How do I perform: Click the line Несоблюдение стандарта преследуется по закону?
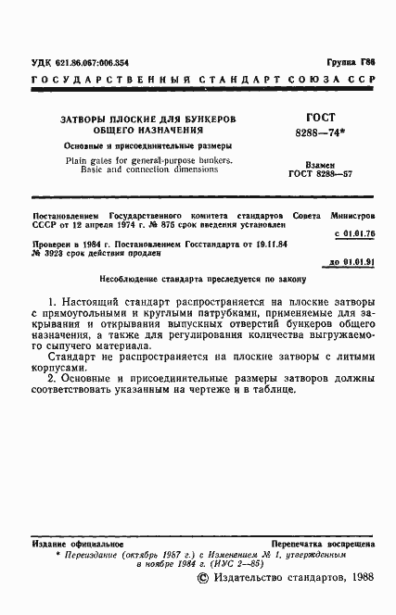[201, 278]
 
